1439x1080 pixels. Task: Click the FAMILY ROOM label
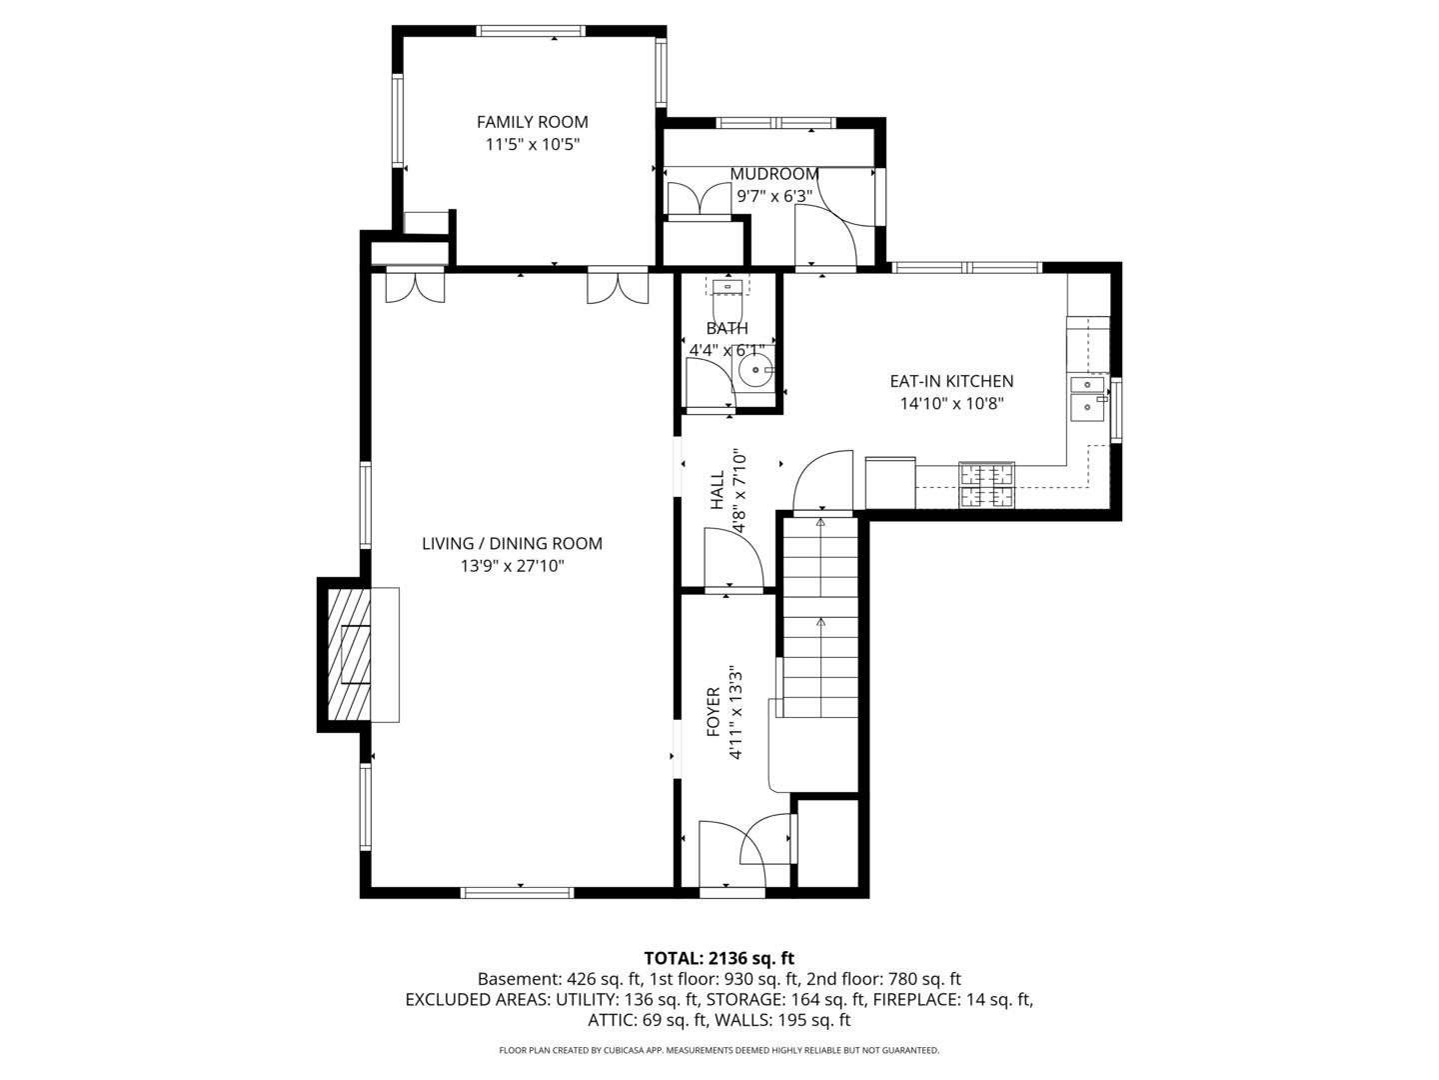click(532, 122)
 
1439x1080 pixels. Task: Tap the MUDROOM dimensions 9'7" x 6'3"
click(774, 196)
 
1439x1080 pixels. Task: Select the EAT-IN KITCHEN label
click(951, 381)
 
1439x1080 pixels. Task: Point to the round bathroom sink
click(755, 371)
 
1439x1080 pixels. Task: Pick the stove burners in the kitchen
click(986, 485)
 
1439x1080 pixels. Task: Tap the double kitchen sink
click(1088, 398)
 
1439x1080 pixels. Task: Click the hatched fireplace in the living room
click(349, 654)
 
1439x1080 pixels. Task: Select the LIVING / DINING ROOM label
click(512, 544)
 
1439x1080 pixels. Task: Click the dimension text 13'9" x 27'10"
click(512, 566)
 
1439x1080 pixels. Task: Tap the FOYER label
click(714, 711)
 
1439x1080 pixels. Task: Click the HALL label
click(718, 489)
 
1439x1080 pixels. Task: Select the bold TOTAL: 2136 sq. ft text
click(719, 959)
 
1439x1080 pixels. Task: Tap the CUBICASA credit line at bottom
click(719, 1050)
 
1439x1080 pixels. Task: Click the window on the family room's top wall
click(531, 31)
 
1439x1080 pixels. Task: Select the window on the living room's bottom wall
click(518, 892)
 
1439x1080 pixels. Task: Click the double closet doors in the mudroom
click(699, 199)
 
